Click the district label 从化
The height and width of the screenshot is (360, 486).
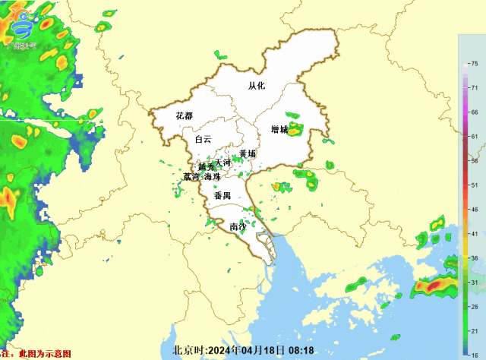click(257, 86)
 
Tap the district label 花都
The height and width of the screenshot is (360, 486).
click(184, 116)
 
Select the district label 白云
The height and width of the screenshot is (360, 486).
click(203, 140)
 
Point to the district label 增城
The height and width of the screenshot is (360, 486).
click(279, 130)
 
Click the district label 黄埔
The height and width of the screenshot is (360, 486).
click(248, 153)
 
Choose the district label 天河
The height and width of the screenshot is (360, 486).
click(222, 163)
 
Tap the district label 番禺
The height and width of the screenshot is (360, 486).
click(222, 196)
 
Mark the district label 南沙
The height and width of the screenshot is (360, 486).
click(238, 226)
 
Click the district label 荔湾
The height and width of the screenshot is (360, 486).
click(191, 177)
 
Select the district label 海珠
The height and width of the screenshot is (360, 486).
click(212, 177)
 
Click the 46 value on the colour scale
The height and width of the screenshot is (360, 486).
click(474, 209)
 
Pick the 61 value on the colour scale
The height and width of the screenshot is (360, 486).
click(474, 137)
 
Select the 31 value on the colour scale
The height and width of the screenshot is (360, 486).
click(474, 282)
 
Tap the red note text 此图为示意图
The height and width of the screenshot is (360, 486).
click(45, 354)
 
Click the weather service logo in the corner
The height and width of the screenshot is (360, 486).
click(23, 27)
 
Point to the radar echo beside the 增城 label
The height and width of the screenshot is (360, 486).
click(294, 130)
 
